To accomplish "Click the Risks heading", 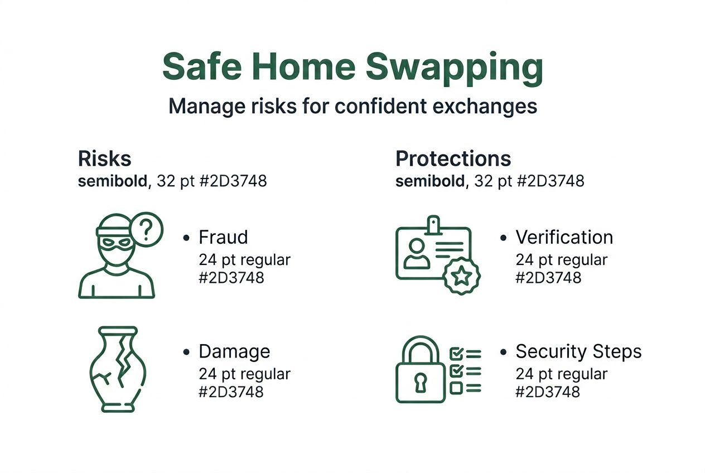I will tap(105, 159).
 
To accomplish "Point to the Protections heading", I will tap(453, 159).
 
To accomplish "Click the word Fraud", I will tap(223, 237).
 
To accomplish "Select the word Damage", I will tap(234, 351).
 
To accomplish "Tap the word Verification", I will tap(564, 237).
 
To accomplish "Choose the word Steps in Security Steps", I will tap(617, 351).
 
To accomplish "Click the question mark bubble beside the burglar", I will tap(146, 229).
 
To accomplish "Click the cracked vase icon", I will tap(117, 369).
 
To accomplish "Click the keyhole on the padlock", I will tap(420, 382).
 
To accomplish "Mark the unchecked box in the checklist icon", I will tap(456, 387).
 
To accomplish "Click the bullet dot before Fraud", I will tap(186, 238).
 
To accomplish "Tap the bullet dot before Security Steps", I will tap(503, 352).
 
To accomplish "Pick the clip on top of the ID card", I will tap(433, 225).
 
